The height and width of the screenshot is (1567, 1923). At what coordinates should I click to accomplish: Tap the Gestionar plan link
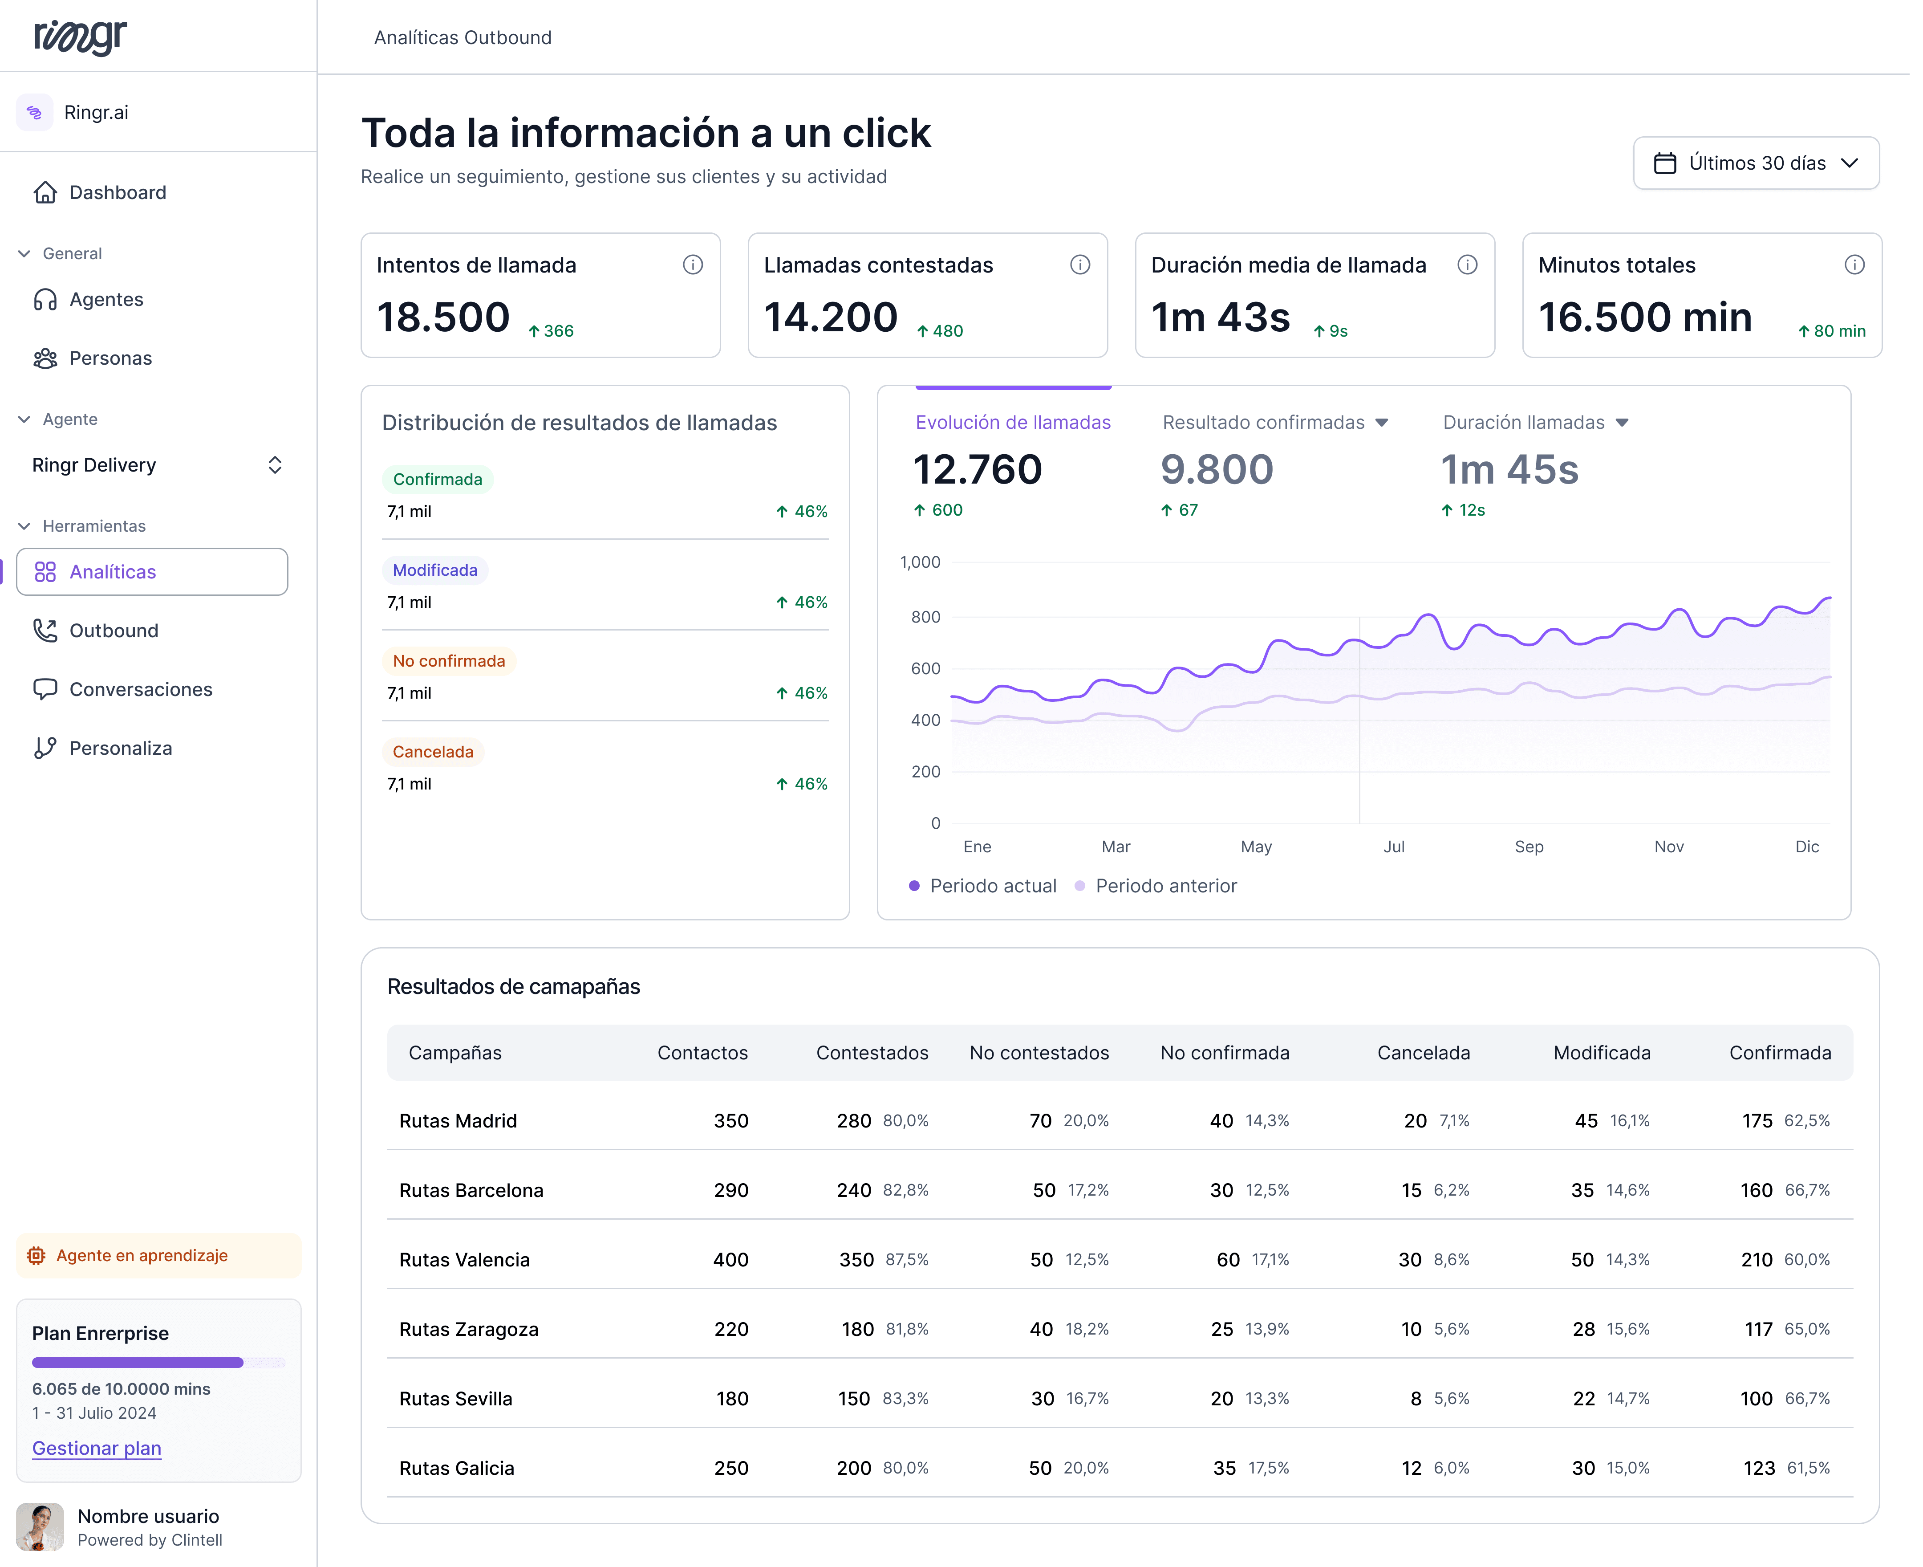(97, 1448)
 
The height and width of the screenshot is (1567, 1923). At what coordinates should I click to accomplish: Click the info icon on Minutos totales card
(1854, 265)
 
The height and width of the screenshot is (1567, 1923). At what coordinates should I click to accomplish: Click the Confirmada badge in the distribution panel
(438, 479)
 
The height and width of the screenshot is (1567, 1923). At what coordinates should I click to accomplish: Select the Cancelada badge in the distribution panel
(433, 752)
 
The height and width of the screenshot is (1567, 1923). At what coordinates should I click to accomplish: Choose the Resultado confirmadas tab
(1274, 423)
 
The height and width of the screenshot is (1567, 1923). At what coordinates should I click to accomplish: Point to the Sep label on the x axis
(1529, 847)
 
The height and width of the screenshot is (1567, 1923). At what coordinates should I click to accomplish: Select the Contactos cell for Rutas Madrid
(731, 1121)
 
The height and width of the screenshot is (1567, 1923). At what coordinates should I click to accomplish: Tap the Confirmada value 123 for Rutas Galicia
(1759, 1469)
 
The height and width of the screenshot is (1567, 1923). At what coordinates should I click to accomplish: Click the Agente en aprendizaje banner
(159, 1256)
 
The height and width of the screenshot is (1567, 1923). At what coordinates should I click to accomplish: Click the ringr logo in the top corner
(80, 37)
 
